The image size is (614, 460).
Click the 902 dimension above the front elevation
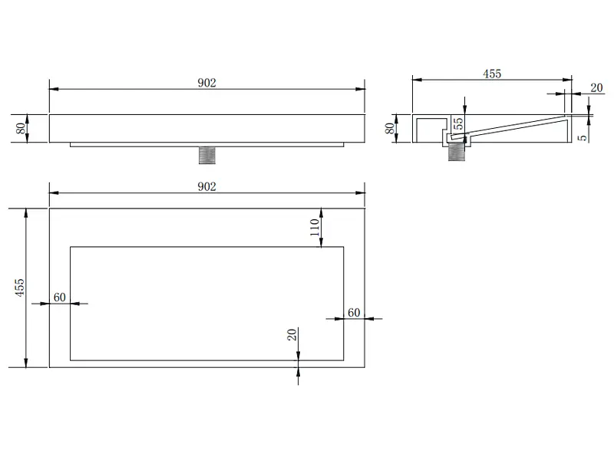[206, 83]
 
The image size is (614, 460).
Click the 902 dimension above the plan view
[206, 186]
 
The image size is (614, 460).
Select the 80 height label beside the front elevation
[21, 128]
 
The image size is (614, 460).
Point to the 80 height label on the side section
[389, 128]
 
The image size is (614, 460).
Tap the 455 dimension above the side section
[492, 74]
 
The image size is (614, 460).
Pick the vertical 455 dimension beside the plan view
[20, 287]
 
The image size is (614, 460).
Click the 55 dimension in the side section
[458, 123]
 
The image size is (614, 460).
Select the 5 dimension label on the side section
[583, 138]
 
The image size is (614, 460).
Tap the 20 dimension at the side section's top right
[596, 87]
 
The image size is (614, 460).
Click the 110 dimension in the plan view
[315, 227]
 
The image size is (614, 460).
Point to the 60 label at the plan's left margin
[60, 297]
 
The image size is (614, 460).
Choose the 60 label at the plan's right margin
[354, 313]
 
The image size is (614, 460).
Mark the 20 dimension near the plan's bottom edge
[292, 335]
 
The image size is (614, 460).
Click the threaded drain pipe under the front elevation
[207, 156]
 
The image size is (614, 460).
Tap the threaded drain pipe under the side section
[456, 151]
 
